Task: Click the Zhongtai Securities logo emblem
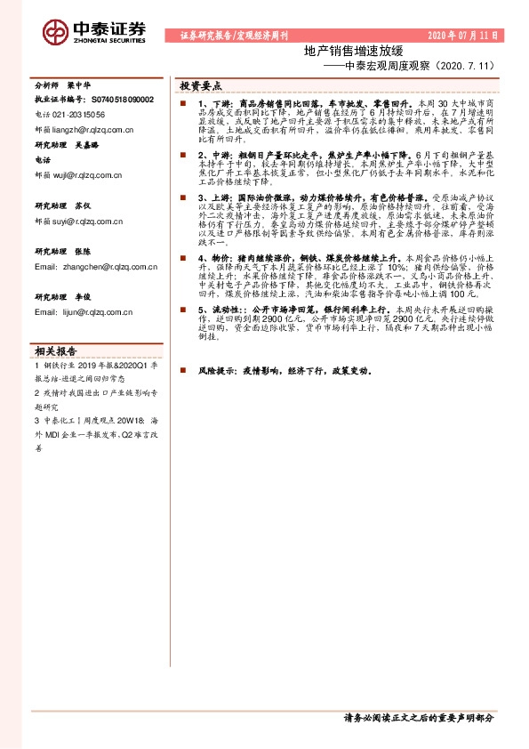pos(55,31)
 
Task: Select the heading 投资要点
pos(200,86)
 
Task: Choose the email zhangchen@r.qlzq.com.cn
pos(97,266)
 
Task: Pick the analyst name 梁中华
pos(84,86)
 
